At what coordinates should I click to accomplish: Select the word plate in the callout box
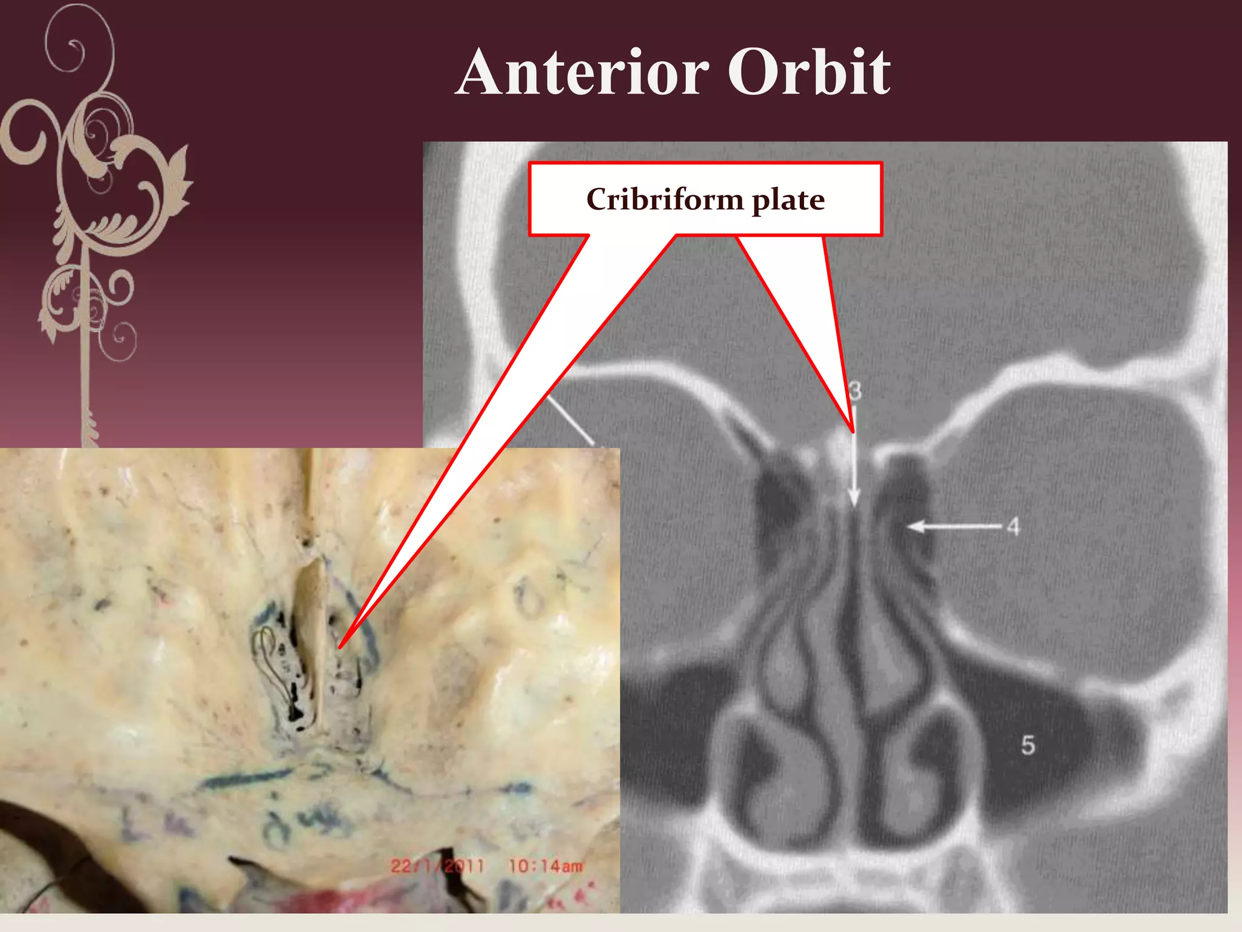click(788, 200)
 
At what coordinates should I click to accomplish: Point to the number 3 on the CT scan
click(855, 391)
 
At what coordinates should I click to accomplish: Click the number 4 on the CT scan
click(1013, 527)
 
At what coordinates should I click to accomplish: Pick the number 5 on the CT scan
click(1027, 745)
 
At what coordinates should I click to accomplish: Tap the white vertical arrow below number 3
click(854, 461)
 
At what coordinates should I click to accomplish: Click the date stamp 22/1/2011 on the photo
click(438, 866)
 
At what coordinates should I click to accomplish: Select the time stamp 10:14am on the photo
click(545, 866)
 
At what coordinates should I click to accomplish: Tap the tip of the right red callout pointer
click(853, 431)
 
